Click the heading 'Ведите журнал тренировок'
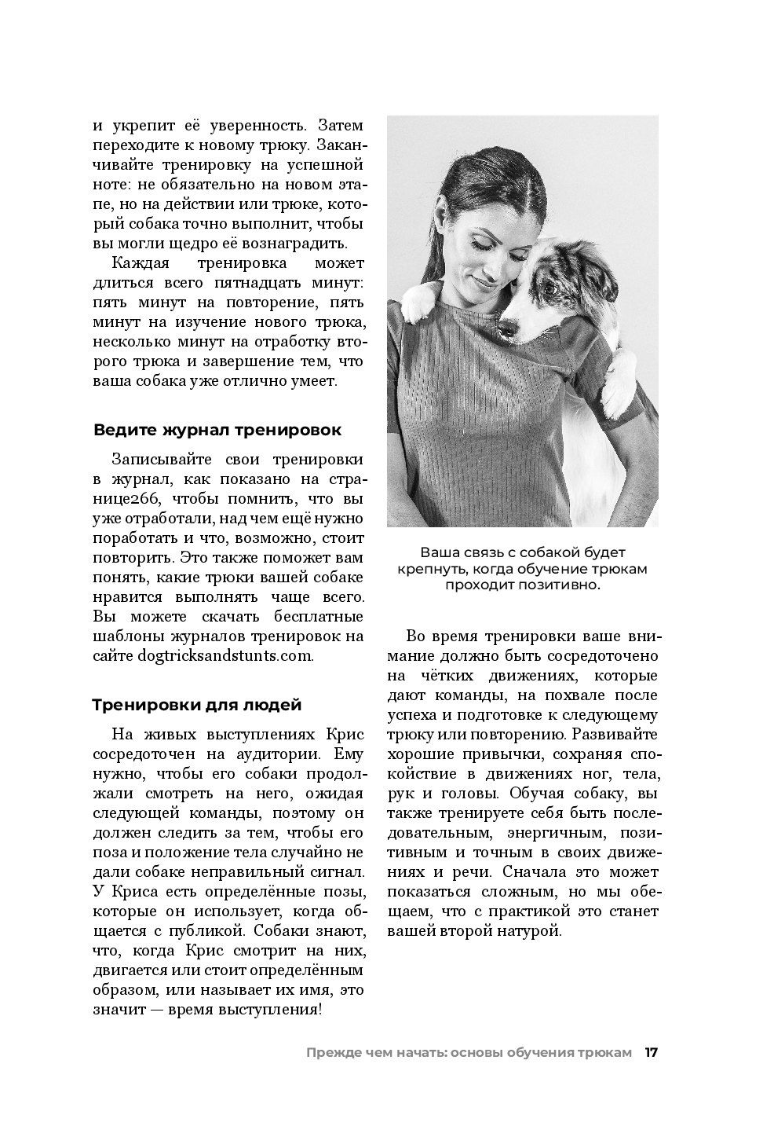[x=217, y=430]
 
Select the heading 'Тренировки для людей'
[x=197, y=704]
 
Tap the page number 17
[x=651, y=1052]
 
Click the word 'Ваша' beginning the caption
[x=438, y=553]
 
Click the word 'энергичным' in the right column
[x=556, y=832]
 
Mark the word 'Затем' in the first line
[x=342, y=125]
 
